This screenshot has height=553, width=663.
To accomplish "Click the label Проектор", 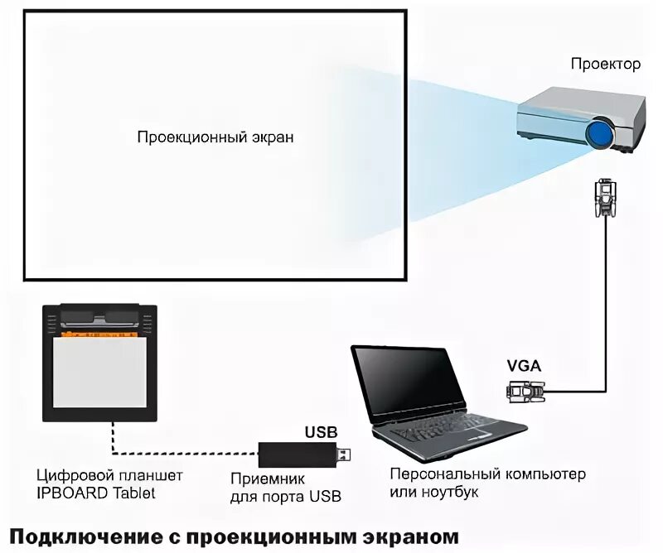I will (605, 65).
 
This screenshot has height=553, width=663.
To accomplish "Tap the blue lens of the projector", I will (601, 132).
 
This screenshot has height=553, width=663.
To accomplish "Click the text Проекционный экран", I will (215, 137).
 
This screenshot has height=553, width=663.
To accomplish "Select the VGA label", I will (525, 363).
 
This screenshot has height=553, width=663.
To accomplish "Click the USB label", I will (322, 432).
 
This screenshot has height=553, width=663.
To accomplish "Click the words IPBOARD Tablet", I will (96, 493).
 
